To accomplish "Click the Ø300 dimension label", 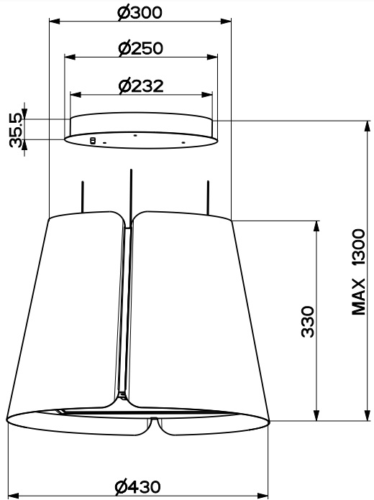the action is pos(140,13).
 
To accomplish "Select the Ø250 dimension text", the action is pos(140,48).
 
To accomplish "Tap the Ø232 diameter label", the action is pos(141,86).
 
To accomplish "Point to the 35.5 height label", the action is pos(16,130).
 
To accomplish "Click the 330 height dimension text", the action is pos(308,321).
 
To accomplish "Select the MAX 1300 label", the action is pos(358,272).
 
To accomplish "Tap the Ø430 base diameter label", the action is pos(138,486).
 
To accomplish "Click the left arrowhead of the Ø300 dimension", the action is pos(55,22).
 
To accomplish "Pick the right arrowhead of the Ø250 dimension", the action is pos(212,57).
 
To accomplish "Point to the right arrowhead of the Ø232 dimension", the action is pos(207,95).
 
